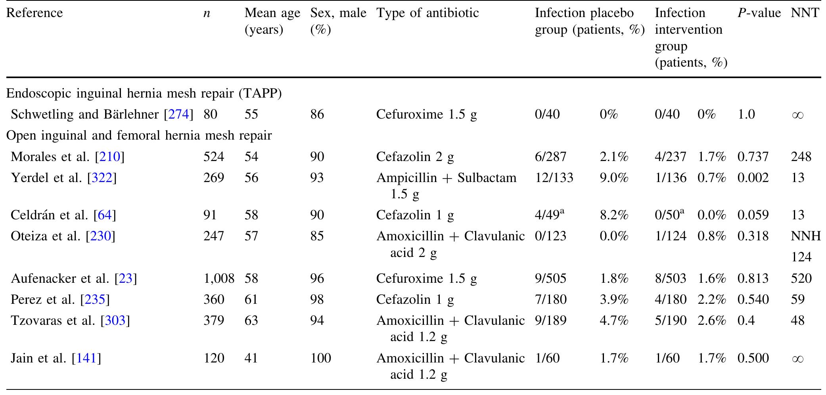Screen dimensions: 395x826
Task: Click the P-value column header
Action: (759, 13)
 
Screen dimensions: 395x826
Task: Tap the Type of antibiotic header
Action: (427, 13)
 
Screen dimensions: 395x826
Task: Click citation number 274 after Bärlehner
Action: (178, 115)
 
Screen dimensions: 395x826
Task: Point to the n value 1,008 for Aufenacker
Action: (218, 279)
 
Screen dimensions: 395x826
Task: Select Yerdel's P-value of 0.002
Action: (753, 178)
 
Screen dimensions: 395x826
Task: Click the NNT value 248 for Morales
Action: (801, 157)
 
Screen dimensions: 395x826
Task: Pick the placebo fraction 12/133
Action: (554, 178)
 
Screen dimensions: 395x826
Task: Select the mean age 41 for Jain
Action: (251, 359)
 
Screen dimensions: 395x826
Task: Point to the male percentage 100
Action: (320, 359)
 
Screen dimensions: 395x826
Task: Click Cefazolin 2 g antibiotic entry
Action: (415, 157)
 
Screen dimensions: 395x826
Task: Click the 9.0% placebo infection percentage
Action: (614, 178)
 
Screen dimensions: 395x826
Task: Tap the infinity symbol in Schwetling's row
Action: (797, 115)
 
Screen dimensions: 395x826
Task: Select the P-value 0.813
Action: (753, 279)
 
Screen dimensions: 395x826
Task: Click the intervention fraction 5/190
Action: (670, 320)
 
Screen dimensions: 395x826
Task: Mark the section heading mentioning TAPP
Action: (144, 94)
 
